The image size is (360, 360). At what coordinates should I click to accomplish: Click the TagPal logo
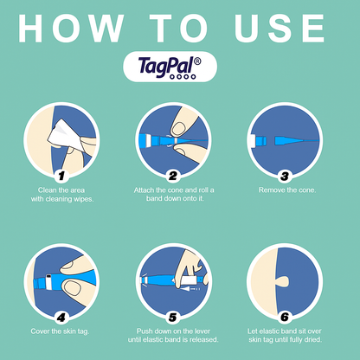pyautogui.click(x=170, y=67)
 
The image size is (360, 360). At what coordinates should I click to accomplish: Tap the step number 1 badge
pyautogui.click(x=61, y=177)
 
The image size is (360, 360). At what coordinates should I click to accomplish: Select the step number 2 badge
pyautogui.click(x=173, y=177)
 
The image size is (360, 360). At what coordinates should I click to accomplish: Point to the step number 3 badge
pyautogui.click(x=285, y=177)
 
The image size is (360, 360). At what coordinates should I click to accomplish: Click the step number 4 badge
pyautogui.click(x=61, y=318)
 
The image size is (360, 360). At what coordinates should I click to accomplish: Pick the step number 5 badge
pyautogui.click(x=173, y=318)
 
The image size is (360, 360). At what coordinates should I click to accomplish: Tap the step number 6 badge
pyautogui.click(x=285, y=318)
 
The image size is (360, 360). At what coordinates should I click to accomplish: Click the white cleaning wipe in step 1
pyautogui.click(x=65, y=137)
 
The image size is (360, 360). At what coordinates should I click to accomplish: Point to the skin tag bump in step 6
pyautogui.click(x=283, y=281)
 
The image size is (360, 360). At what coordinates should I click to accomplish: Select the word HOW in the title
pyautogui.click(x=71, y=29)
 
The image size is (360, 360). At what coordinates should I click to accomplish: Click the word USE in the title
pyautogui.click(x=280, y=29)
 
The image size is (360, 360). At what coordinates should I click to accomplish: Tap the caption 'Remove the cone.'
pyautogui.click(x=287, y=190)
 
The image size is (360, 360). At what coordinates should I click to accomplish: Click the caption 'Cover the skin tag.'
pyautogui.click(x=60, y=331)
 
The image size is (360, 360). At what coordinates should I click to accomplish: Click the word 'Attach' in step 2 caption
pyautogui.click(x=144, y=190)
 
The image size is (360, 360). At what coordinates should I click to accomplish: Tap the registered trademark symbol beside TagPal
pyautogui.click(x=197, y=61)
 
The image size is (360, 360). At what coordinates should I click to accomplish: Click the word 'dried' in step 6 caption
pyautogui.click(x=312, y=339)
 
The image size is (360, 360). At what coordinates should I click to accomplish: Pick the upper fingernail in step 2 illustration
pyautogui.click(x=178, y=129)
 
